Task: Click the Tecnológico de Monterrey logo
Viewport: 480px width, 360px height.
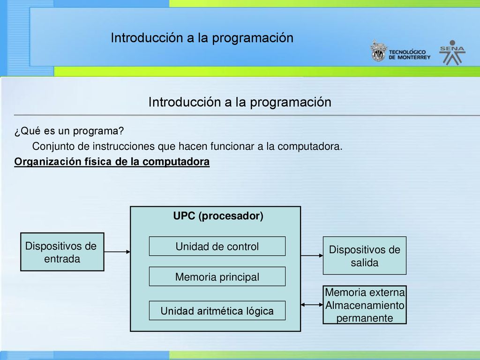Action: [x=400, y=51]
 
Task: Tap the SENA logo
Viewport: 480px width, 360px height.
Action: [x=452, y=52]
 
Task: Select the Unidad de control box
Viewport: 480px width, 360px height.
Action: [x=217, y=246]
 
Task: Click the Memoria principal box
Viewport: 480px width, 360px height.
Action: [x=217, y=277]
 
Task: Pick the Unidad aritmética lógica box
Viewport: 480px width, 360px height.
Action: [x=217, y=310]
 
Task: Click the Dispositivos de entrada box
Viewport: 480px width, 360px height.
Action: [x=62, y=252]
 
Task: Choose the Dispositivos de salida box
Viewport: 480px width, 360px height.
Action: [x=365, y=255]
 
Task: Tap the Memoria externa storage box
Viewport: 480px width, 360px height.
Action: [x=365, y=305]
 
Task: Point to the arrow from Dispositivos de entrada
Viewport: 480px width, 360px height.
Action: [x=117, y=252]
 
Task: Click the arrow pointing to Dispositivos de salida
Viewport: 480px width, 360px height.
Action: [x=312, y=255]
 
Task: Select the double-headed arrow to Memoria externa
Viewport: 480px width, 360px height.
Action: [x=312, y=305]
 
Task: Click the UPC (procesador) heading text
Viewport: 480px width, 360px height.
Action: [x=218, y=216]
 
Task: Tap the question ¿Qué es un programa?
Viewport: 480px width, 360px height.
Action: [x=69, y=131]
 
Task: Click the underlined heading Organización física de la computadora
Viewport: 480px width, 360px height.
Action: [x=112, y=162]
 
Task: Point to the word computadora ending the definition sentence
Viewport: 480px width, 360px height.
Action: [x=310, y=146]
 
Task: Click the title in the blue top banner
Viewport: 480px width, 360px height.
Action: [x=202, y=38]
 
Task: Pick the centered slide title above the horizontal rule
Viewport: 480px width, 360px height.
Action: [x=240, y=102]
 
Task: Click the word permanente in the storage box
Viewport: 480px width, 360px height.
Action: [x=365, y=318]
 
